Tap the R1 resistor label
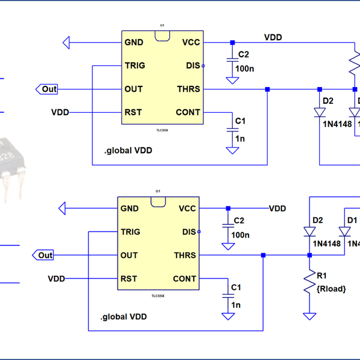(x=322, y=276)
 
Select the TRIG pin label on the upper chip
(x=135, y=65)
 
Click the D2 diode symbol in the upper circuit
(x=320, y=112)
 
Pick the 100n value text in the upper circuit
(x=244, y=69)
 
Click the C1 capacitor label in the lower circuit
(x=236, y=287)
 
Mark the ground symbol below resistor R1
(x=310, y=316)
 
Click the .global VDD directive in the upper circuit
(x=128, y=151)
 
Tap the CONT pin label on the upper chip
(x=188, y=112)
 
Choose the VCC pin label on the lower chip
(x=187, y=209)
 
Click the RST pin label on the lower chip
(x=129, y=278)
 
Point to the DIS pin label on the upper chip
(x=193, y=65)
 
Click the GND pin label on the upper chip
(x=133, y=43)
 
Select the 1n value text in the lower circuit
(x=235, y=305)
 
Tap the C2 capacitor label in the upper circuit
(x=243, y=55)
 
